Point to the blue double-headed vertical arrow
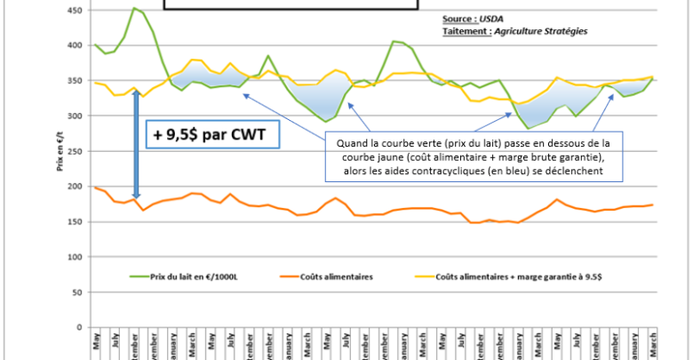(x=136, y=144)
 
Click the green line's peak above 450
(x=134, y=8)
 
